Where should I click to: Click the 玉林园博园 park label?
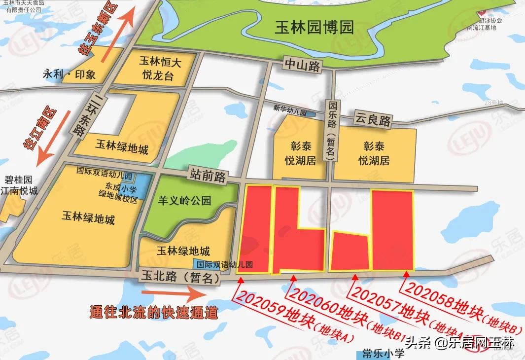tap(314, 28)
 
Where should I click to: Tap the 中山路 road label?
tap(302, 66)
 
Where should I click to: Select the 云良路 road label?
tap(372, 120)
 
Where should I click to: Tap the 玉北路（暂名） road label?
tap(179, 277)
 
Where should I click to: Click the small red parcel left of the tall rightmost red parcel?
tap(350, 252)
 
